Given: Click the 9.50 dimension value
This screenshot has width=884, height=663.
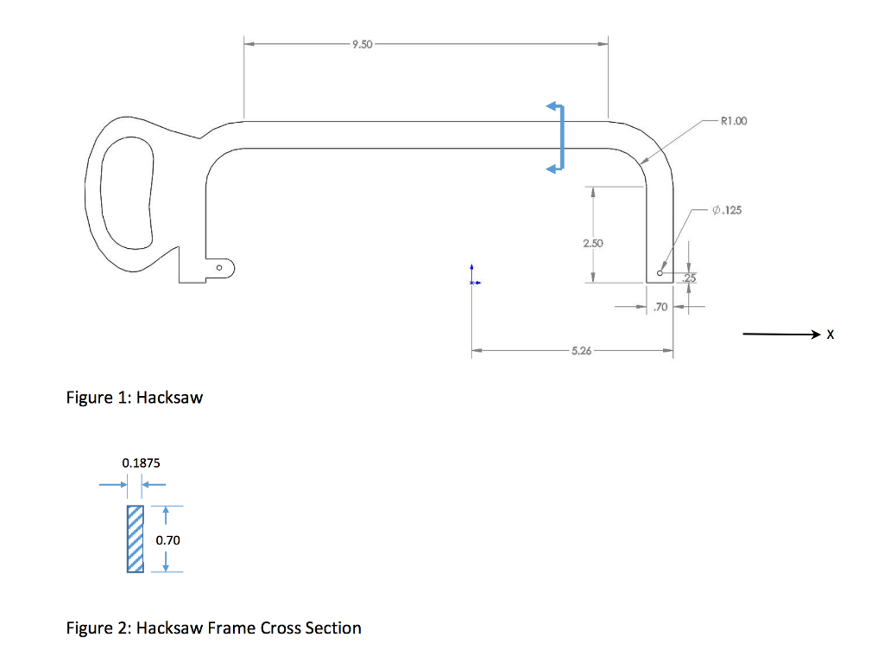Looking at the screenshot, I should click(362, 45).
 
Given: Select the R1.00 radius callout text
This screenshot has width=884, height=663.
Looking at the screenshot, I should click(733, 121).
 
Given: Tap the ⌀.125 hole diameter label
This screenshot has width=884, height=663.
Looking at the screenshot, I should click(727, 210).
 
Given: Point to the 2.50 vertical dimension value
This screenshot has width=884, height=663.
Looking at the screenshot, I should click(593, 243).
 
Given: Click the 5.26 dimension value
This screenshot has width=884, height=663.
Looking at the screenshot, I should click(581, 351).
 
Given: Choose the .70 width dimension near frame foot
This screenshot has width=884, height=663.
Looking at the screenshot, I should click(660, 307).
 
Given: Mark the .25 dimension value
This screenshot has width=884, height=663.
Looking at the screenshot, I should click(689, 278).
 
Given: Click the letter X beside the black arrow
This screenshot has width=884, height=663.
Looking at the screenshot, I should click(830, 334).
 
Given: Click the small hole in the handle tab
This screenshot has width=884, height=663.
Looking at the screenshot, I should click(219, 268).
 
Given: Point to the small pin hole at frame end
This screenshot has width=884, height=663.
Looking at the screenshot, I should click(659, 273).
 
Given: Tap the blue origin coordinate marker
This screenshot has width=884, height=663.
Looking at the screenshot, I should click(472, 282).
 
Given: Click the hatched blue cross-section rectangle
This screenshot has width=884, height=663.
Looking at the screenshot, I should click(135, 539).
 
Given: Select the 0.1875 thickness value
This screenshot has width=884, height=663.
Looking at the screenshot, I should click(141, 463).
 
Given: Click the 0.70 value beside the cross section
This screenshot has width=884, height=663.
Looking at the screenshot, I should click(168, 540).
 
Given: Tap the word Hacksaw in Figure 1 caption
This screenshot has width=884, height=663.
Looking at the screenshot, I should click(169, 397).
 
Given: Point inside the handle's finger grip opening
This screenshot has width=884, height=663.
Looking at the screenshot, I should click(127, 192).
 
